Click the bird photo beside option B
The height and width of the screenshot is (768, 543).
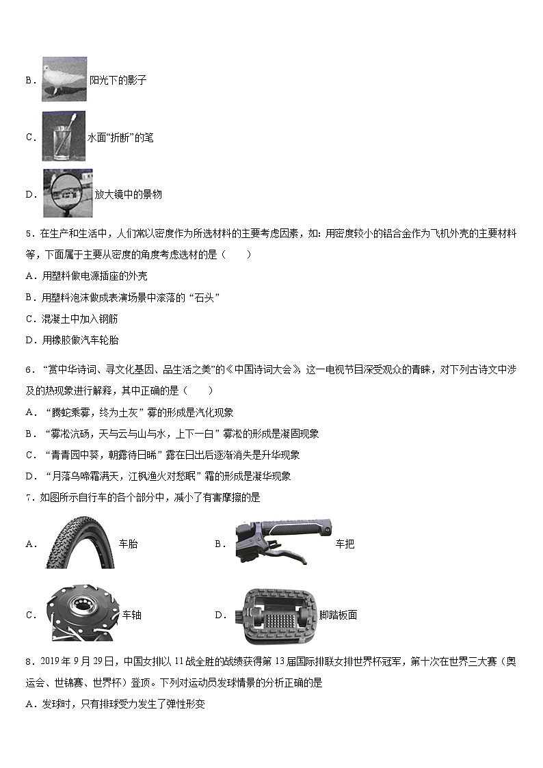(x=64, y=79)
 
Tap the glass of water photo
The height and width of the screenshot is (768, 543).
(x=63, y=137)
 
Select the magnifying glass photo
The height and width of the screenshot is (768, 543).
(x=67, y=194)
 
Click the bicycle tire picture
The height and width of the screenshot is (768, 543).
(x=79, y=543)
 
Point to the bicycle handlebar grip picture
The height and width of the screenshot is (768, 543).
(x=282, y=543)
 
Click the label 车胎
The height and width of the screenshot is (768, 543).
(x=128, y=544)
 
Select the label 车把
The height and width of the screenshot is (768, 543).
(x=345, y=544)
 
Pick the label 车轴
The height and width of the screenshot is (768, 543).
(x=131, y=615)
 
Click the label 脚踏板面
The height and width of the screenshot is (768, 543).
(x=338, y=615)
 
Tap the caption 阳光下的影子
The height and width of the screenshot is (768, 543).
(x=118, y=81)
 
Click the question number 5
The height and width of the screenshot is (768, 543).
(x=28, y=234)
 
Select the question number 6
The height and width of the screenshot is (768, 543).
(x=28, y=370)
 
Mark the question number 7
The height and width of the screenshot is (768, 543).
(x=28, y=498)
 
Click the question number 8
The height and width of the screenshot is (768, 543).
(x=28, y=661)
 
